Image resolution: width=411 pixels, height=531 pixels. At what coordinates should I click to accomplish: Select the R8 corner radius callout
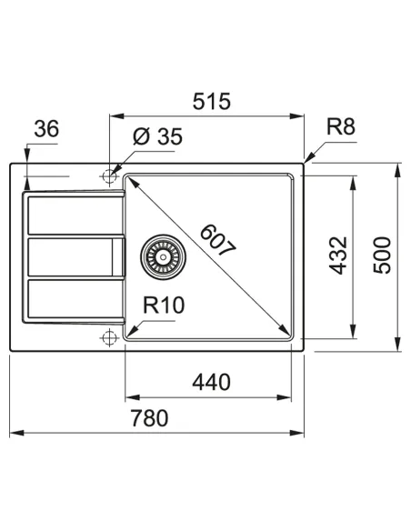(340, 127)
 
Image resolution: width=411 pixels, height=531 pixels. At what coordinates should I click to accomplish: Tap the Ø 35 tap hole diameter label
(157, 137)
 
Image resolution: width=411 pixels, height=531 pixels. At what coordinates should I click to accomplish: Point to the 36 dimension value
(45, 130)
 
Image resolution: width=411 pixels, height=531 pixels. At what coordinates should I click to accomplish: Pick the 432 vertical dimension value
(338, 255)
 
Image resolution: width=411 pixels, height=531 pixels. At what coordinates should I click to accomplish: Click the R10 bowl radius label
(164, 304)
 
